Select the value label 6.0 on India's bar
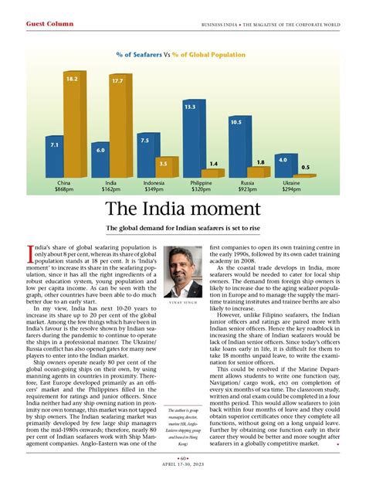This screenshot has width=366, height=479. click(x=100, y=150)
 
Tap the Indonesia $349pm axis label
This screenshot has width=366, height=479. click(x=154, y=186)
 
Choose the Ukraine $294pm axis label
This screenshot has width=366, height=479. click(x=292, y=186)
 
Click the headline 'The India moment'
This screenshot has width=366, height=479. click(x=183, y=209)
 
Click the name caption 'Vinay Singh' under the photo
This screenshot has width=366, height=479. click(x=183, y=304)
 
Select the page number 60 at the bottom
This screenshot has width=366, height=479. click(x=183, y=457)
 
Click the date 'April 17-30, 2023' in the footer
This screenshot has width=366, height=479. click(x=183, y=465)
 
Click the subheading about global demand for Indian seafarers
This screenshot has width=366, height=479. click(x=183, y=228)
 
